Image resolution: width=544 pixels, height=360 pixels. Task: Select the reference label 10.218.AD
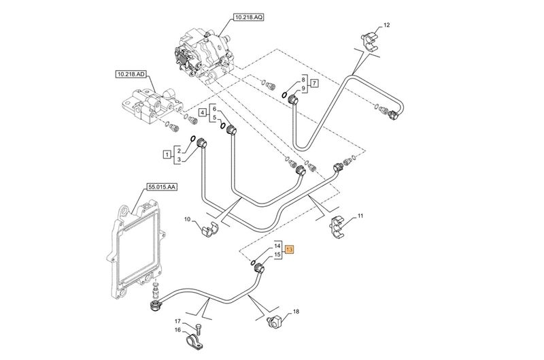(131, 73)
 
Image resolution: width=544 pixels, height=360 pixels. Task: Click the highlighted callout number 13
(290, 250)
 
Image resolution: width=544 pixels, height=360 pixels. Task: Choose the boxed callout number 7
(314, 84)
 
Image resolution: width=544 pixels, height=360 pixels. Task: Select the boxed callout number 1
(167, 154)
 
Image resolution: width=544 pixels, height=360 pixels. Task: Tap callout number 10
(188, 220)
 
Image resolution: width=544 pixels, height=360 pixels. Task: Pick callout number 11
(360, 216)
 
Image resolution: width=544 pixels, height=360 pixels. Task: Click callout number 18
(295, 313)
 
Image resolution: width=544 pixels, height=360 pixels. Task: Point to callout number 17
(177, 321)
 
